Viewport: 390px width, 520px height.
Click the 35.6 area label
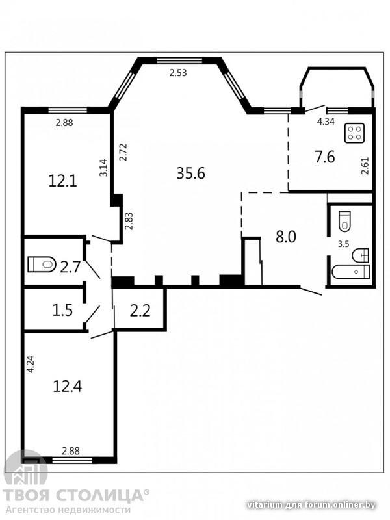click(190, 173)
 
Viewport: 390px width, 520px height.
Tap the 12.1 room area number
click(62, 181)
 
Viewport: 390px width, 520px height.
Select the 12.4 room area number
click(68, 386)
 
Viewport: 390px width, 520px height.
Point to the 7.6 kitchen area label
click(325, 157)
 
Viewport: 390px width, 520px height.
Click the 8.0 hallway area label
click(286, 237)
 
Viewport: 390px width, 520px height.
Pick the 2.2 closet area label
click(140, 311)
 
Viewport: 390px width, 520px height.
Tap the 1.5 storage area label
click(62, 311)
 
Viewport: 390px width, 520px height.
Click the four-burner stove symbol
click(354, 133)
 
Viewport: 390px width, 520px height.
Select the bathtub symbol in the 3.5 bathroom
click(351, 272)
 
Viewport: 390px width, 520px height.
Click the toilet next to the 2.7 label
click(42, 265)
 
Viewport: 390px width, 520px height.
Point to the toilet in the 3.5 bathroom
click(345, 221)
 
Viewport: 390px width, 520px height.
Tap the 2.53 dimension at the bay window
click(178, 73)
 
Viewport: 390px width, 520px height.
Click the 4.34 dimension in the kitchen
click(326, 122)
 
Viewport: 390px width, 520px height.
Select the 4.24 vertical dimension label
click(31, 365)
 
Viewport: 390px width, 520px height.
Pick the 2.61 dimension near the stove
click(365, 166)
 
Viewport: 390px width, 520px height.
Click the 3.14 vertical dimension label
click(104, 168)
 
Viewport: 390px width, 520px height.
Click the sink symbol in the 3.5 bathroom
click(361, 255)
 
